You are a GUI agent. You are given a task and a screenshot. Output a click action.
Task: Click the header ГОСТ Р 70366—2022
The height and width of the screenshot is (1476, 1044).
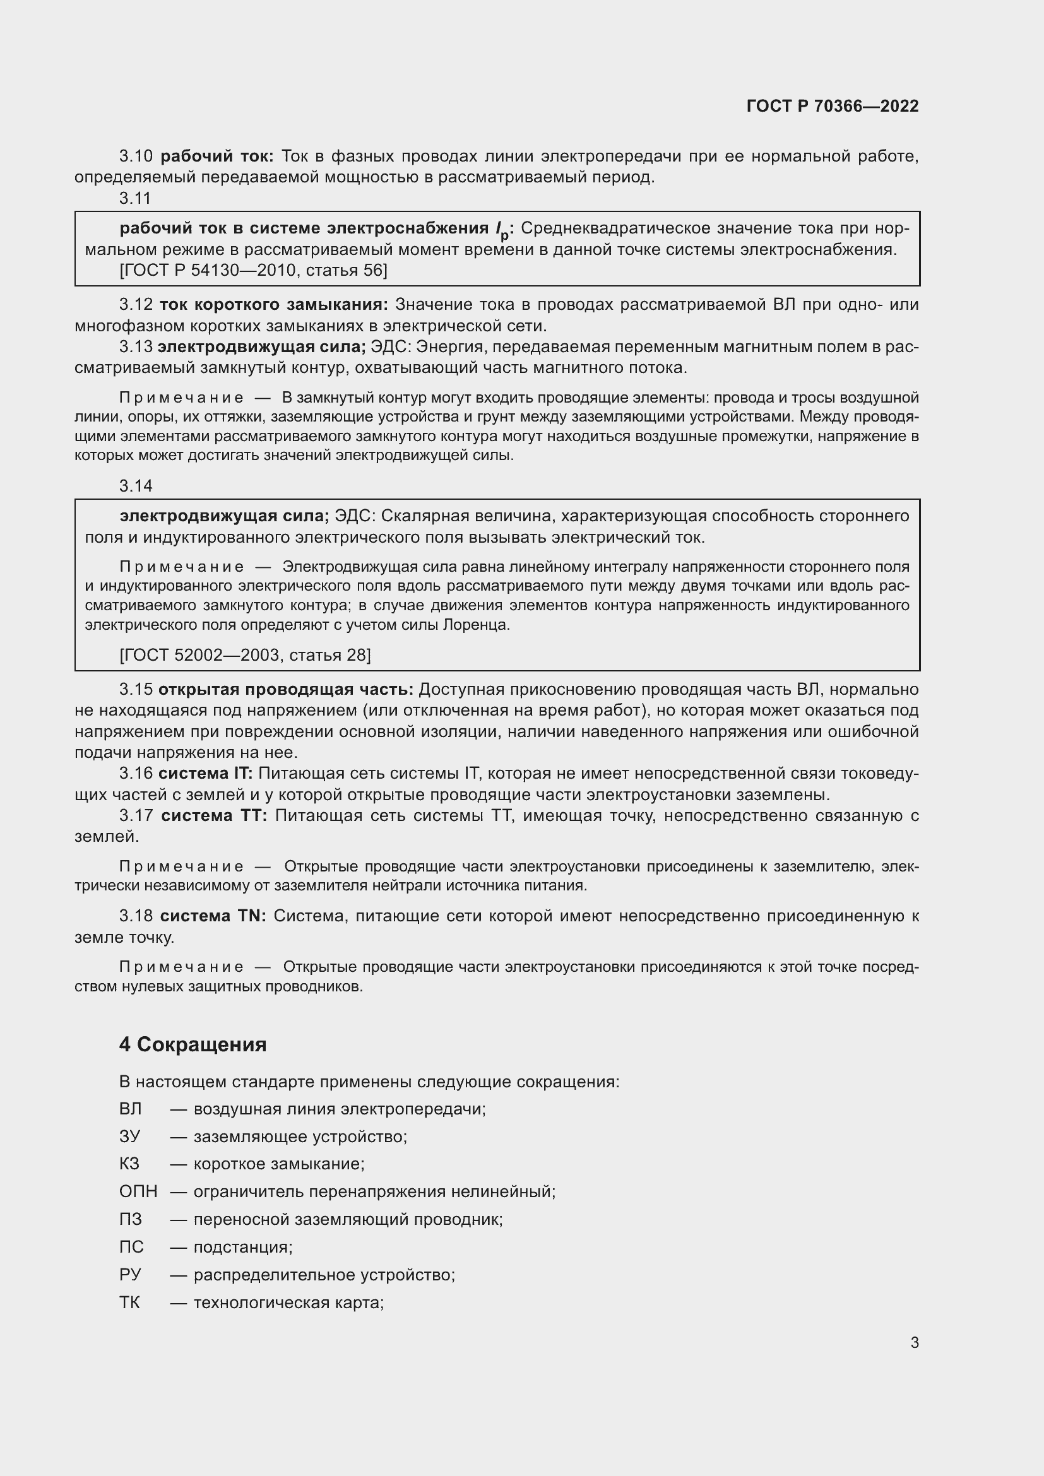click(x=833, y=106)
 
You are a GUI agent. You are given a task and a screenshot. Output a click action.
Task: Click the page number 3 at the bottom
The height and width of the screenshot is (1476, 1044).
click(x=914, y=1342)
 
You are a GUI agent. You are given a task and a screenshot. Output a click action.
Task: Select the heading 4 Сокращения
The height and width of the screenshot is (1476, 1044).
click(x=193, y=1044)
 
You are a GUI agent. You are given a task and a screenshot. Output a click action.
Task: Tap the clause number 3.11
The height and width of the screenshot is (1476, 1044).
click(x=135, y=198)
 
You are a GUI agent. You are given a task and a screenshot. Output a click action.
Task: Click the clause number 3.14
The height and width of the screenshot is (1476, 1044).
click(x=136, y=486)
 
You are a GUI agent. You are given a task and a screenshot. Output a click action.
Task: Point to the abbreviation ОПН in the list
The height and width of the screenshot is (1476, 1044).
click(x=138, y=1191)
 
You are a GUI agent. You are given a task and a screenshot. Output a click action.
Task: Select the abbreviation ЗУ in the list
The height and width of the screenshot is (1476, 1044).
click(x=129, y=1136)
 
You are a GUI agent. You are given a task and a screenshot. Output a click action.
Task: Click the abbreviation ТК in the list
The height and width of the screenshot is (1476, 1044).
click(x=129, y=1302)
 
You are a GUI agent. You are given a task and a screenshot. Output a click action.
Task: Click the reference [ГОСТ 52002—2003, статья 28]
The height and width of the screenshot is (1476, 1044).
click(x=245, y=654)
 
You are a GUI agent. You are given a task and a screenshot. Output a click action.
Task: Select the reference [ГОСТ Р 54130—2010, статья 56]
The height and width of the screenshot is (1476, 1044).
click(x=253, y=270)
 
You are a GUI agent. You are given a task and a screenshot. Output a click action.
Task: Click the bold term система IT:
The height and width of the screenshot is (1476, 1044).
click(x=206, y=774)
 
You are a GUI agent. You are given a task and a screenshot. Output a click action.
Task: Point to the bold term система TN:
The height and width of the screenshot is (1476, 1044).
click(x=213, y=916)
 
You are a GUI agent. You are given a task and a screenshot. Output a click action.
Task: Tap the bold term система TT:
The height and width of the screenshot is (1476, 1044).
click(x=214, y=815)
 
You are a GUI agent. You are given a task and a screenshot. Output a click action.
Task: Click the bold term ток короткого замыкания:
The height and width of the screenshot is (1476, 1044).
click(x=273, y=304)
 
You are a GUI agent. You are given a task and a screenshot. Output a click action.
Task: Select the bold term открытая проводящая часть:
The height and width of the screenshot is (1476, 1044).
click(x=285, y=689)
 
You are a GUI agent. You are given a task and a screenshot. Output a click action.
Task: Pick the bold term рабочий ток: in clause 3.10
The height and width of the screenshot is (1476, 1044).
click(x=217, y=156)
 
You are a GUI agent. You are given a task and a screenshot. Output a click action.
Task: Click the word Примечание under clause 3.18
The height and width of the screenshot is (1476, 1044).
click(x=181, y=967)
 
